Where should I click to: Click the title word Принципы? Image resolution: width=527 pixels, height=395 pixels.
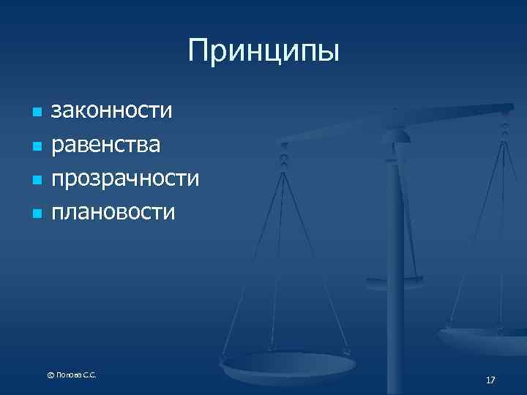[263, 51]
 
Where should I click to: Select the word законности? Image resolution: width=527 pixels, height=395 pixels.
[111, 111]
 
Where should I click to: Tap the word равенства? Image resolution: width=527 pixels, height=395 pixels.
[105, 144]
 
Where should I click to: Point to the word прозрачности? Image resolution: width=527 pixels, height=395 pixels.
[124, 178]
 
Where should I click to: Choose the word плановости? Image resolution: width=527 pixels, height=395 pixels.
[113, 212]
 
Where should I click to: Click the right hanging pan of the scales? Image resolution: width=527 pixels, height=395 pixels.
[483, 338]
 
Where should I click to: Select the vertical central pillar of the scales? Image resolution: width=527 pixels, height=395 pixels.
[396, 241]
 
